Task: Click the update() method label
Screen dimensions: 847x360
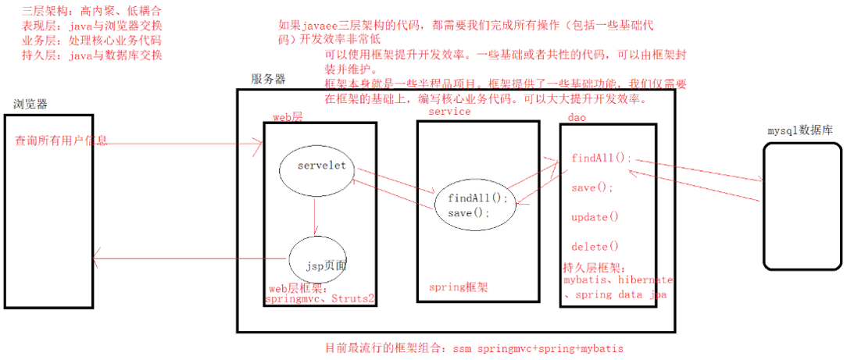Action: pos(595,216)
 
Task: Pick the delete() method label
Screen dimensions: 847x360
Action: pos(595,246)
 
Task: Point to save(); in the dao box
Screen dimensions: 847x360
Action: pos(592,187)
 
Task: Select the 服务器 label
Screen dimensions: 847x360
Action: pos(268,79)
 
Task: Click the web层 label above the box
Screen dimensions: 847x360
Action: pos(287,116)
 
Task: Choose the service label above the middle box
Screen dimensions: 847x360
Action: pos(450,112)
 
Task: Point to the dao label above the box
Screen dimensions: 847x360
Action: pos(577,117)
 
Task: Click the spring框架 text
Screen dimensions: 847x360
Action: pos(459,287)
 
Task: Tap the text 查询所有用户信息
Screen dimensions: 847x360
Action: pos(61,141)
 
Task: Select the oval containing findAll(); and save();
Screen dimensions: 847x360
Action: pos(477,205)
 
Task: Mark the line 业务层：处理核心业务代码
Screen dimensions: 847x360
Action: pos(92,41)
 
